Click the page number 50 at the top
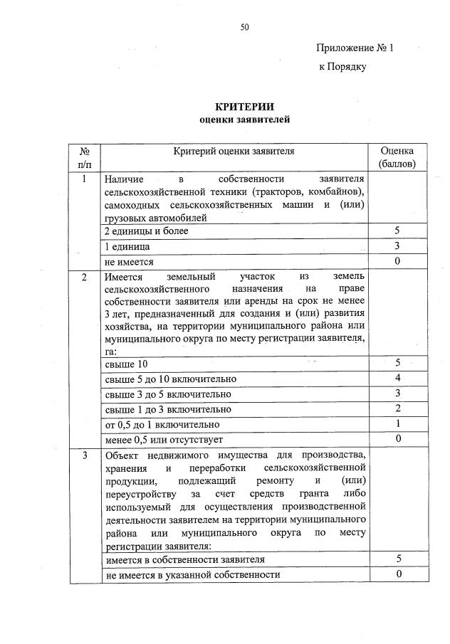click(x=244, y=28)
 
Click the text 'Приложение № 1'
click(x=355, y=48)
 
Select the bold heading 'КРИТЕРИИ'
click(x=244, y=107)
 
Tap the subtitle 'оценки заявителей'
click(x=244, y=120)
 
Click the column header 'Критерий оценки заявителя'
click(x=234, y=151)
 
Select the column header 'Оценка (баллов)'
click(x=397, y=157)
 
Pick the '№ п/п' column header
click(x=85, y=157)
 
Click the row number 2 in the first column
click(x=85, y=277)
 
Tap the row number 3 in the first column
click(x=85, y=455)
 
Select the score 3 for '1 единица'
click(x=397, y=246)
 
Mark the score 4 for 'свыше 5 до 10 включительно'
click(x=397, y=379)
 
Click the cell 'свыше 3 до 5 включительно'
click(x=167, y=394)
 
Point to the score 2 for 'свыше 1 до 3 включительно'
click(x=397, y=408)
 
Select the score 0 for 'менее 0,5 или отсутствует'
click(x=397, y=438)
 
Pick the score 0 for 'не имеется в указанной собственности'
click(x=397, y=574)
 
